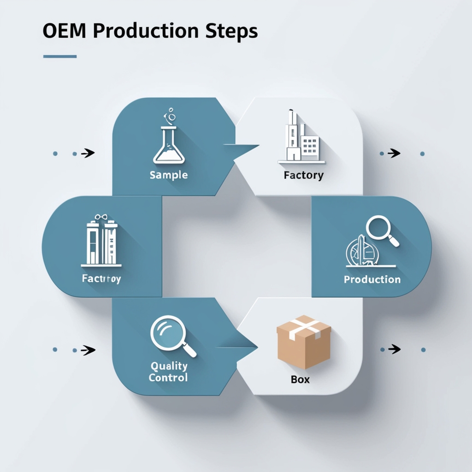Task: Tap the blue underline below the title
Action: click(x=60, y=57)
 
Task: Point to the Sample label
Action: click(x=169, y=175)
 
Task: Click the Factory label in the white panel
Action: click(x=303, y=175)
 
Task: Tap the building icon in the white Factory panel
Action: click(x=301, y=138)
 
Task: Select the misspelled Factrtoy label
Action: click(x=101, y=279)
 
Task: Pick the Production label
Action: click(x=372, y=279)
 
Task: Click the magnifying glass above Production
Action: click(x=381, y=230)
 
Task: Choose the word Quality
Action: click(x=169, y=366)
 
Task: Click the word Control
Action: click(x=168, y=378)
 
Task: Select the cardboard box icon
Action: click(x=303, y=341)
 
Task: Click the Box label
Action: click(x=301, y=380)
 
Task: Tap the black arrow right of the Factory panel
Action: click(x=394, y=153)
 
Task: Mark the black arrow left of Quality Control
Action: click(x=88, y=350)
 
